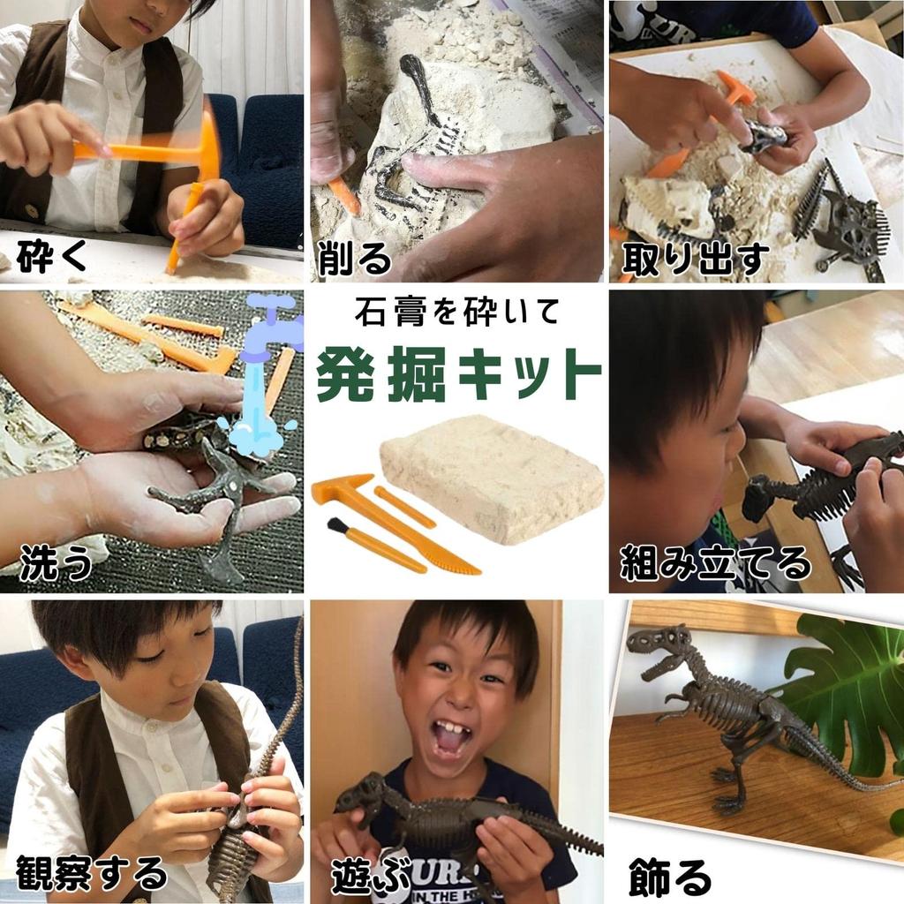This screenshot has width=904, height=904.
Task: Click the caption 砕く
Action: [x=53, y=255]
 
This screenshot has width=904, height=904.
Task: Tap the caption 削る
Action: [x=353, y=258]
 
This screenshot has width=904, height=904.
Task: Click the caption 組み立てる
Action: [x=714, y=562]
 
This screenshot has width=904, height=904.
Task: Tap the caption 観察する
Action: [x=91, y=873]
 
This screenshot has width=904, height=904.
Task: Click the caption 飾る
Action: [x=670, y=876]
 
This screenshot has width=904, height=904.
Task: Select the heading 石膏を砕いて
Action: [x=456, y=312]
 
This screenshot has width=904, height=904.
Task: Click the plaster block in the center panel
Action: [x=493, y=477]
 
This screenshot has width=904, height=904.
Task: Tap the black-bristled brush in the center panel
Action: [x=337, y=526]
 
